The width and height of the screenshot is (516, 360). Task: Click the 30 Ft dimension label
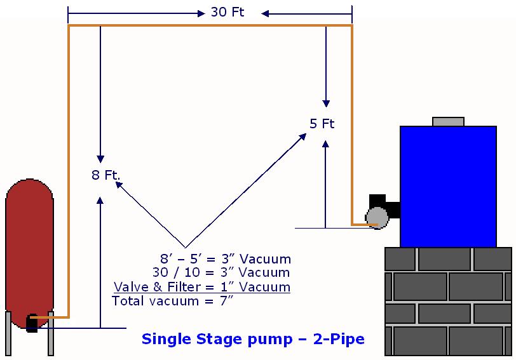(227, 13)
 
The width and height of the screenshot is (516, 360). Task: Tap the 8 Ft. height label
(105, 175)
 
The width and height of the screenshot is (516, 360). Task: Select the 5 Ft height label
(322, 124)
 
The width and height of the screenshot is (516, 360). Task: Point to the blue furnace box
(448, 184)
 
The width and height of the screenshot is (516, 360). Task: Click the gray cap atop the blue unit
(448, 121)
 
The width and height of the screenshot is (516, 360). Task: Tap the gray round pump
(379, 217)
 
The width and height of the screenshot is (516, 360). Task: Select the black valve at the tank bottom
(32, 323)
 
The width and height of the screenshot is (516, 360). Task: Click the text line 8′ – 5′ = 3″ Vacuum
(226, 259)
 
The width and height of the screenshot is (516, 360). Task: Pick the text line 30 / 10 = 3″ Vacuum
(221, 273)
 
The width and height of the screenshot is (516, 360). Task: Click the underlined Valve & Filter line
(201, 287)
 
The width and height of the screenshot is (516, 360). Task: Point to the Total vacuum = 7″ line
(172, 301)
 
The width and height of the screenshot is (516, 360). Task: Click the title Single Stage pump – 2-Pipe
(253, 339)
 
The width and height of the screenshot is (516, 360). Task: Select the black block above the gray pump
(377, 200)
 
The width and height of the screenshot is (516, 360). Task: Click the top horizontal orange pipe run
(210, 25)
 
